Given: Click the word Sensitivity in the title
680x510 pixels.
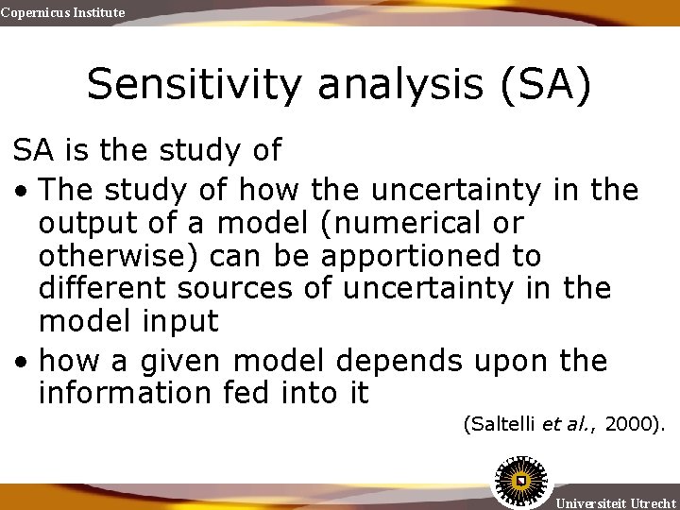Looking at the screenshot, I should click(x=195, y=84).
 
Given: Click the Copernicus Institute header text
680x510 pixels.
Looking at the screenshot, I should click(x=62, y=12).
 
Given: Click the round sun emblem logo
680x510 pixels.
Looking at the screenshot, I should click(x=518, y=483).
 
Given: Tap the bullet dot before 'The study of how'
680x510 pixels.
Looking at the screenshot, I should click(x=21, y=192).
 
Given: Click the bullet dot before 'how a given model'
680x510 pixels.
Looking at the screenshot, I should click(x=21, y=361).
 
